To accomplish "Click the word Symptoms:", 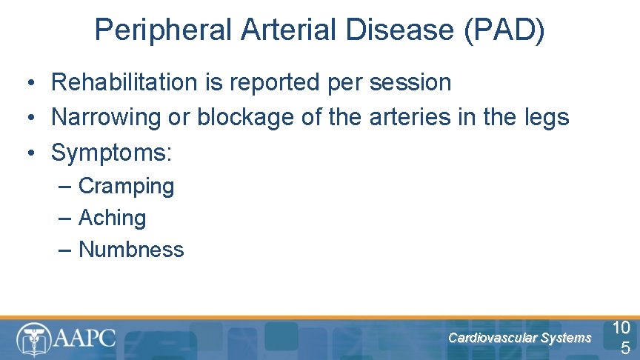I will (x=111, y=153).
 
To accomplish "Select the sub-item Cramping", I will (x=126, y=186).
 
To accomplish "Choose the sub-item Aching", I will (x=112, y=218).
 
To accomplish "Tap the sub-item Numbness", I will (x=131, y=250).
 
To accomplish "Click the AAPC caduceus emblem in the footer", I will (x=33, y=339).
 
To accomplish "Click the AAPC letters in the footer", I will (x=84, y=339).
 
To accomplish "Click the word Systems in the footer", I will (x=566, y=338).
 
